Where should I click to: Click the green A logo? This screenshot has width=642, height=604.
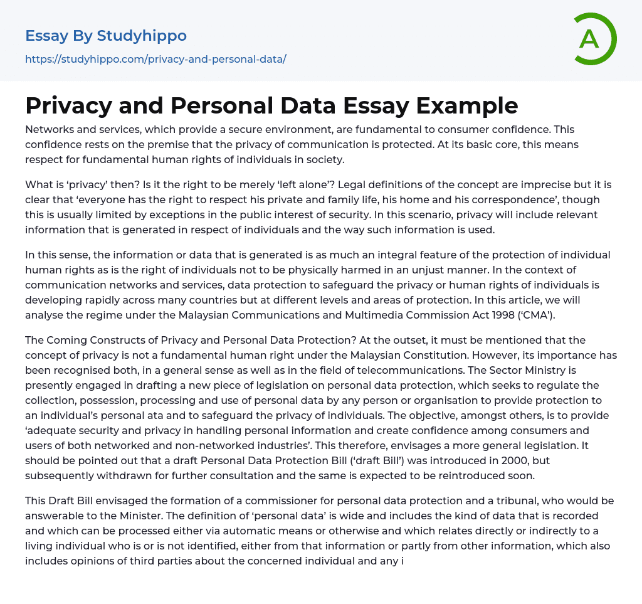(594, 39)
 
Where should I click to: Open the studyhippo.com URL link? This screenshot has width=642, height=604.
(155, 59)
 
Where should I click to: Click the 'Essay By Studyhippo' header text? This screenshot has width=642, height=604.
(106, 36)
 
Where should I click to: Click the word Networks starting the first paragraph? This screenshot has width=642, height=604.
(48, 129)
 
